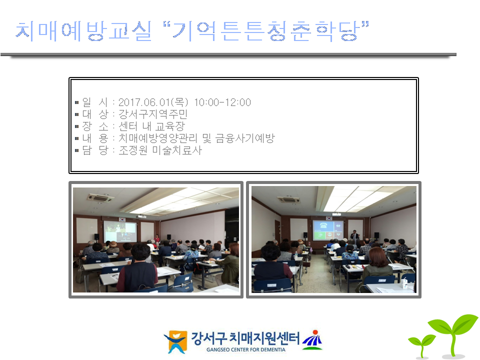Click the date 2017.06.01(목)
coord(153,102)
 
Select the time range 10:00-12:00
coord(222,102)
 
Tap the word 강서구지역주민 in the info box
coord(153,114)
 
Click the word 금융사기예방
coord(245,138)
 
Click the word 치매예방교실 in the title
coord(83,31)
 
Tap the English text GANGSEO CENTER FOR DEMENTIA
coord(246,349)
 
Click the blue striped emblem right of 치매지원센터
coord(312,340)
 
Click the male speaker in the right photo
coord(354,235)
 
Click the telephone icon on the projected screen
coord(323,226)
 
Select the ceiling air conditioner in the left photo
coord(100,198)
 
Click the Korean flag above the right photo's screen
coord(329,218)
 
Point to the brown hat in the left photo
coord(113,244)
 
